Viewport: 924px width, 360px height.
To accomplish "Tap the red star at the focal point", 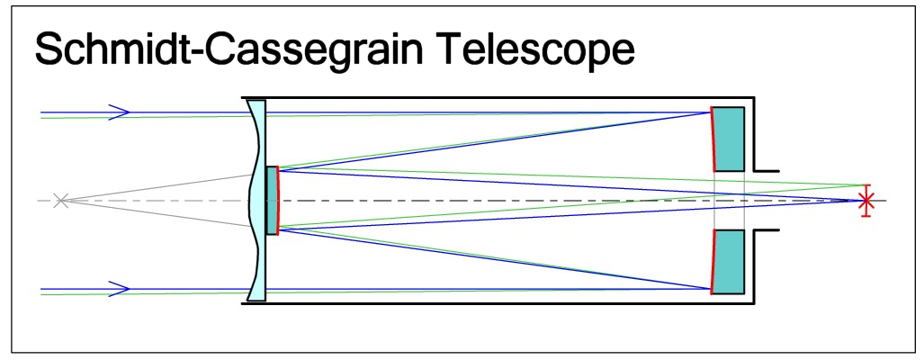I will point(866,200).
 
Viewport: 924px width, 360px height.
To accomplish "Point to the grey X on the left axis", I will point(60,200).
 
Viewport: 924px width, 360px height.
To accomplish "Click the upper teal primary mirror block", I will point(730,139).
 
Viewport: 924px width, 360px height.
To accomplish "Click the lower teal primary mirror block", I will point(730,262).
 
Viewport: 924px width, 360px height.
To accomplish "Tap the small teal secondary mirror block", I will point(272,200).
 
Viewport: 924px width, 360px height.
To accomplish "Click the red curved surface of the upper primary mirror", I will point(713,139).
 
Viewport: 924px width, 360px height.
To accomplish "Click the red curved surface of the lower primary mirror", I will point(713,262).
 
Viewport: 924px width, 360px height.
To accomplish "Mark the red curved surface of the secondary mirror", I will point(279,200).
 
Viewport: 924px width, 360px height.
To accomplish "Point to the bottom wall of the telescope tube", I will point(495,303).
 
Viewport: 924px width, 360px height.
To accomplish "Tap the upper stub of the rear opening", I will point(766,168).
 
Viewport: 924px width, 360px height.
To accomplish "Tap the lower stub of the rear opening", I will point(766,231).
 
